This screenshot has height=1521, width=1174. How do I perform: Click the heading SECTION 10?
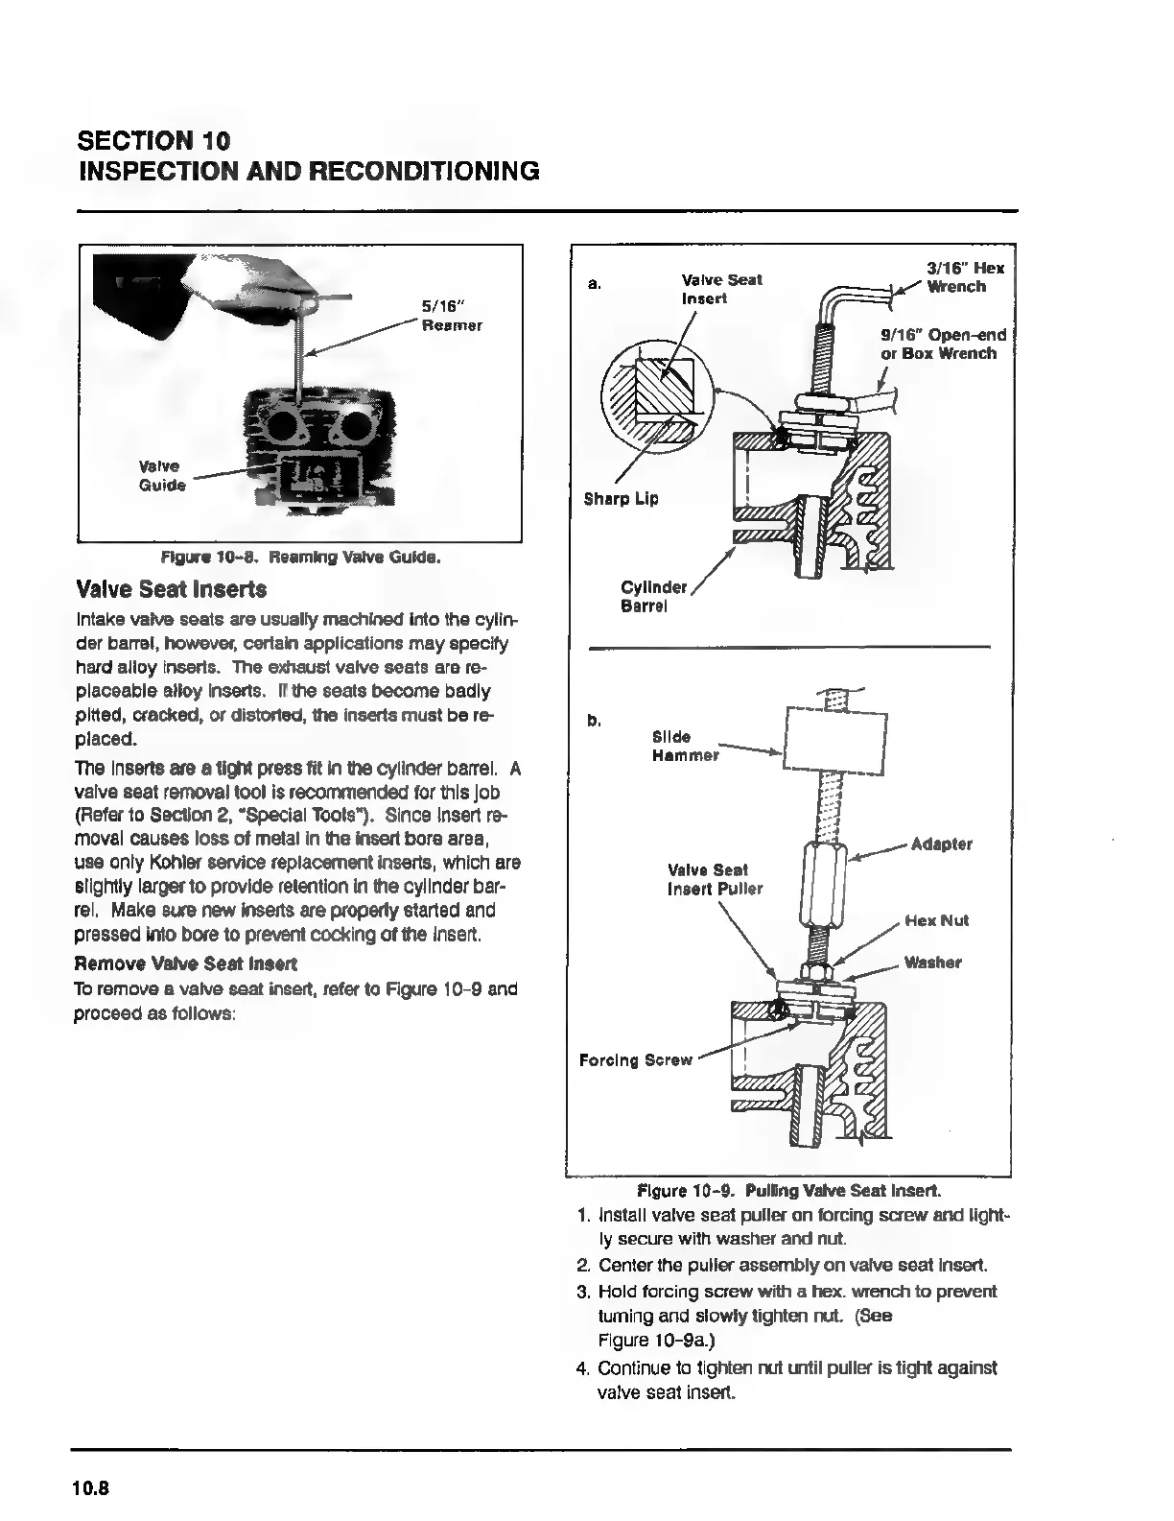[x=153, y=141]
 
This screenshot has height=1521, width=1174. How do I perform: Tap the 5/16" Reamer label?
[x=452, y=316]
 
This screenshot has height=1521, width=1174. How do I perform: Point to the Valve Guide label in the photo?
[x=163, y=475]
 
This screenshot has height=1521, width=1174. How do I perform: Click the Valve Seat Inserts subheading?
[x=171, y=588]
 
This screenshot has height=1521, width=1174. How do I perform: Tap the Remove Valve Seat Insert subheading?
[x=185, y=963]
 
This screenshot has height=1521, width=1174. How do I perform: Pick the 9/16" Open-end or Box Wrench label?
[x=943, y=344]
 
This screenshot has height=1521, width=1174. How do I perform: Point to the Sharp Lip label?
[x=621, y=499]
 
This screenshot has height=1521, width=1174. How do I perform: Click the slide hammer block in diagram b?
[x=834, y=740]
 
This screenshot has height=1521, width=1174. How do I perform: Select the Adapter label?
[x=941, y=844]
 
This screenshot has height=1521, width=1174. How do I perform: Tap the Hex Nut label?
[x=936, y=921]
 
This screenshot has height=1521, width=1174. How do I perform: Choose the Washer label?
[x=932, y=963]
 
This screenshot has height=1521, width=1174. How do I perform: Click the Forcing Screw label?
[x=635, y=1060]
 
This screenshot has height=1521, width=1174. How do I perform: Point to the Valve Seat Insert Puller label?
[x=715, y=879]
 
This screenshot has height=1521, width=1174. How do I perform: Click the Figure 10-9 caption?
[x=789, y=1191]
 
